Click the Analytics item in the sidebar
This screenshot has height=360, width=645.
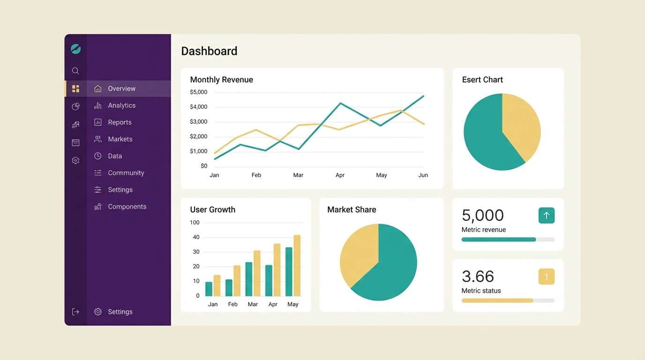click(121, 105)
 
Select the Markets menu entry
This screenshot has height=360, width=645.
click(120, 139)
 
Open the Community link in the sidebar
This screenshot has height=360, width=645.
click(125, 173)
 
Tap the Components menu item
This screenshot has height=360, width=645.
click(127, 207)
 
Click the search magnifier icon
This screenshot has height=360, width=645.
click(75, 71)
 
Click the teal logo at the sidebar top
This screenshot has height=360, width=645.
click(75, 49)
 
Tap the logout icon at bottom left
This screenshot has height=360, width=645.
click(75, 312)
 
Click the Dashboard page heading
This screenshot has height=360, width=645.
click(209, 51)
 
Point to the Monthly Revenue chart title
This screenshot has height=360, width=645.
click(221, 80)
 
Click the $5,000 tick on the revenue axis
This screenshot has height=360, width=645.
click(198, 92)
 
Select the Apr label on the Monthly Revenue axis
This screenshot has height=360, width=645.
click(340, 175)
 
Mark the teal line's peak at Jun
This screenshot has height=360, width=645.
click(423, 96)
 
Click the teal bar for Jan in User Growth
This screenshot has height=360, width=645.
click(209, 289)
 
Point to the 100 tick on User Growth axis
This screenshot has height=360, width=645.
click(195, 223)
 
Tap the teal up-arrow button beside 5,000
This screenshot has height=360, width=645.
click(546, 216)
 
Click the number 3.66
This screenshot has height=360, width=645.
click(478, 277)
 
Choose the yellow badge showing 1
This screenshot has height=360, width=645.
click(546, 277)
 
